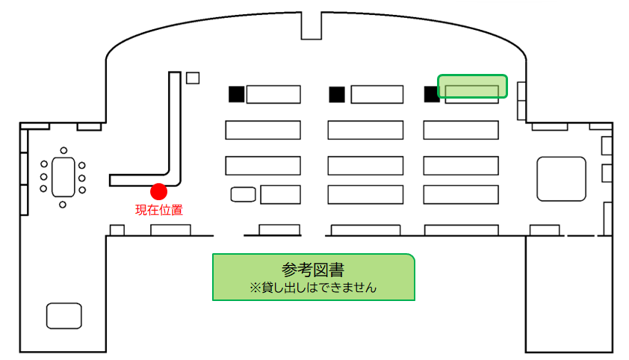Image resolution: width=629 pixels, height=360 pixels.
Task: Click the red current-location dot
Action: (x=159, y=192)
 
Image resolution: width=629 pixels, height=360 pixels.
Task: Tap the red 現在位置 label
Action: (x=159, y=210)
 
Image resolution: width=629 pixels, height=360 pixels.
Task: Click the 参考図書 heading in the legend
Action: (x=313, y=270)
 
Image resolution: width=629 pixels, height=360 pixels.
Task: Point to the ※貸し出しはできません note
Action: (x=313, y=288)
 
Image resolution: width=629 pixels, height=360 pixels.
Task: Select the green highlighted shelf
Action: (x=473, y=86)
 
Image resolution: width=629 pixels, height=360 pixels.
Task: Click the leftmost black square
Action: (x=237, y=94)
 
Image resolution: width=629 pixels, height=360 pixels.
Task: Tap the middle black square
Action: (x=337, y=95)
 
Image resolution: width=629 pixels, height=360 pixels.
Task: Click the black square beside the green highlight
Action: (x=431, y=95)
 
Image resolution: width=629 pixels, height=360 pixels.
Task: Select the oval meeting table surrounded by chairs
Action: (x=63, y=177)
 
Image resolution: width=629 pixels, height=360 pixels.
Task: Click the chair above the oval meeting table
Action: (x=63, y=150)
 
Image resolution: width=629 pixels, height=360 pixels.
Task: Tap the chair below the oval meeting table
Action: (x=63, y=205)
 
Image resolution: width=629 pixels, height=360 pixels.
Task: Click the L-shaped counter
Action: (x=175, y=128)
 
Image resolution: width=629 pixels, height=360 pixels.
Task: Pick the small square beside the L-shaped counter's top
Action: (x=193, y=78)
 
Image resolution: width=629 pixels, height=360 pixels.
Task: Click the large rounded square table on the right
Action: (x=562, y=179)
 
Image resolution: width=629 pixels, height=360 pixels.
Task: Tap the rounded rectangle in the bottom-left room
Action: (x=64, y=316)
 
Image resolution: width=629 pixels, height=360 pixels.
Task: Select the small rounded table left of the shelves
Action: (x=243, y=194)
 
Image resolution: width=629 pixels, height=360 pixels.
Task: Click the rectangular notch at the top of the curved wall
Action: (x=312, y=25)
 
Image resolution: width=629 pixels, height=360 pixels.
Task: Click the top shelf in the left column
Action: (x=273, y=95)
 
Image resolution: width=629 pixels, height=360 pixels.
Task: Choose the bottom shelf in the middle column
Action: (x=365, y=195)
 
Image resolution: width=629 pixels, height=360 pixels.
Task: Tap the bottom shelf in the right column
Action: (x=461, y=195)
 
